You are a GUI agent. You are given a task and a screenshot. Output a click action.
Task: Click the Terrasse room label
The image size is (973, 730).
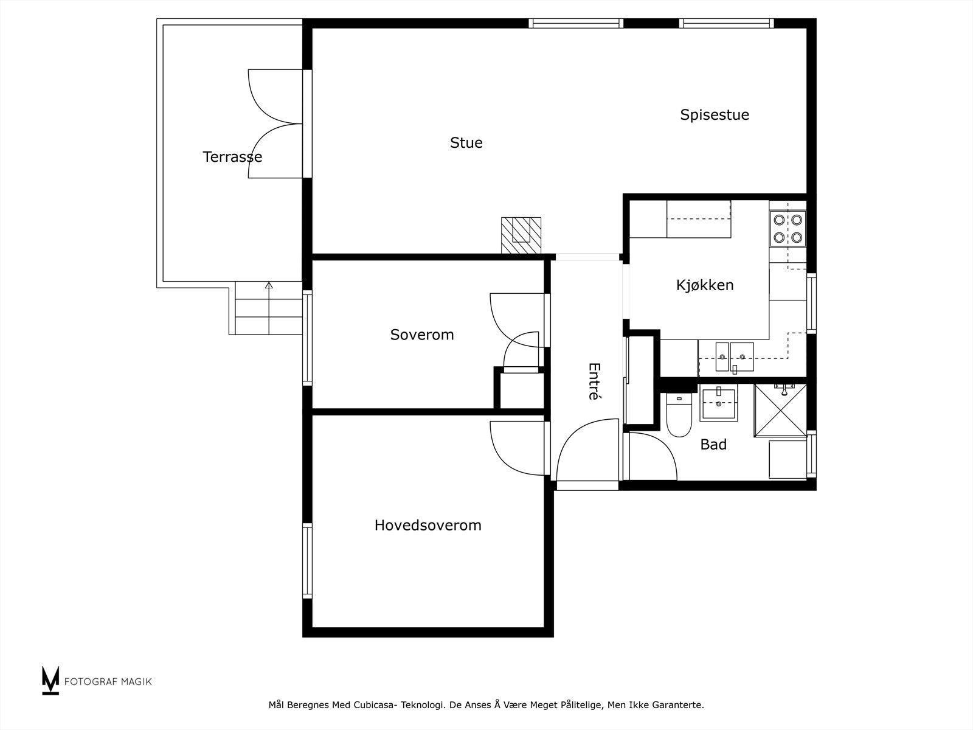coord(232,156)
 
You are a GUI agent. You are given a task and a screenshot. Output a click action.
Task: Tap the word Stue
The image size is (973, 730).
coord(466,142)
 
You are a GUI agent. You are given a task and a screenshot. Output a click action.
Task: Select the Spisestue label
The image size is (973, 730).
coord(715,115)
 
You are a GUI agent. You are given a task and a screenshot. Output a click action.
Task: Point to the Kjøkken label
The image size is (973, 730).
coord(705,285)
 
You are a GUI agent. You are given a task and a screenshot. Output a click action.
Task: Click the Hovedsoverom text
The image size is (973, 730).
coord(428,525)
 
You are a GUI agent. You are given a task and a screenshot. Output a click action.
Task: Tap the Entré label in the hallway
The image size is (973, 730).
coord(594,381)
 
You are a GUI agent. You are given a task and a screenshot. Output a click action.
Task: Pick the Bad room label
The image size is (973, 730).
coord(713,444)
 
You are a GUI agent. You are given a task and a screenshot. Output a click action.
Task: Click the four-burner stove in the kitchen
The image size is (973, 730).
coord(788,228)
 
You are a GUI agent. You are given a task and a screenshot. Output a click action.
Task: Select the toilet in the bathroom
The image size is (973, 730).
coord(679,415)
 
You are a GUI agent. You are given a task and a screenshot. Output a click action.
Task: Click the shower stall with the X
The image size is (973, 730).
coord(781,410)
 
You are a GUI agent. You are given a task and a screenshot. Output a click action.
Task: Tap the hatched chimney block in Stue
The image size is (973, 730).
coord(521,235)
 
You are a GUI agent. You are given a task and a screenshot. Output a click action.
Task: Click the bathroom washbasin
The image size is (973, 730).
coord(719,403)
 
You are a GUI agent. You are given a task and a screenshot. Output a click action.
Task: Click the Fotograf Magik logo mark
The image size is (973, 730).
coord(50,680)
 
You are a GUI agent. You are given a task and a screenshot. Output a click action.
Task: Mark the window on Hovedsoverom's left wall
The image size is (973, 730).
coord(307,561)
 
